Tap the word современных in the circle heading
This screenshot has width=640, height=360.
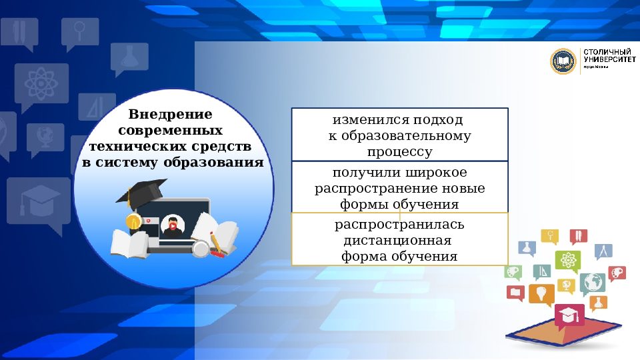175,129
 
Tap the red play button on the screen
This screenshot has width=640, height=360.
173,226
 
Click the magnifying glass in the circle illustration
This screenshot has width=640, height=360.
200,248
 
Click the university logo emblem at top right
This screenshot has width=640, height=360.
563,61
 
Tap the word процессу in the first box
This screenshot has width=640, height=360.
400,152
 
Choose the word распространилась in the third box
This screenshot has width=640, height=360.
399,225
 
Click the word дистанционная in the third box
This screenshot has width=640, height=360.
397,241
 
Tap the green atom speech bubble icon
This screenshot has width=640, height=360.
568,260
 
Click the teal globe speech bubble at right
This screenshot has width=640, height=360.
591,283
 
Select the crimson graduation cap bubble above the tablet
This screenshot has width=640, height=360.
569,315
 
